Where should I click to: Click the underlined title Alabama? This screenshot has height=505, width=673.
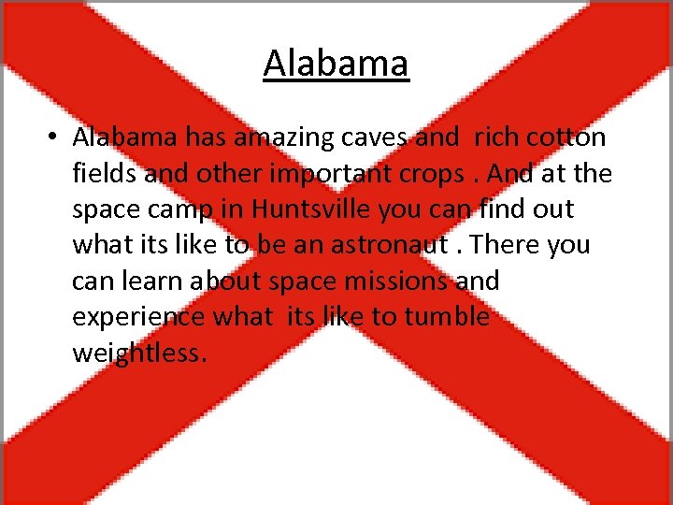tap(336, 64)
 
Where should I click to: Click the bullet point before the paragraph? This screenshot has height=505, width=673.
tap(55, 137)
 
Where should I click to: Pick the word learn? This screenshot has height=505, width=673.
tap(150, 281)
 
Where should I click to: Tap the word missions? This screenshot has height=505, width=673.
tap(393, 281)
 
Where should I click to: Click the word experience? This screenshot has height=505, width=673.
tap(139, 317)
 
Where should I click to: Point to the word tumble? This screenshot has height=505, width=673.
tap(447, 316)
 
